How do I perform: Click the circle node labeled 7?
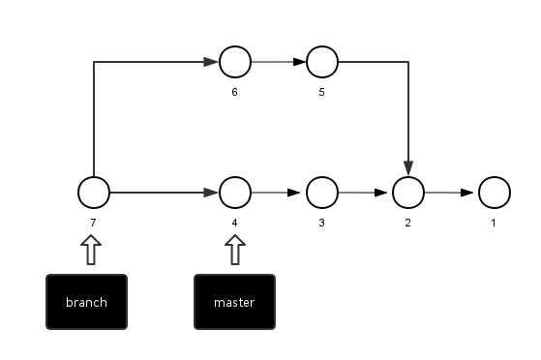(x=94, y=193)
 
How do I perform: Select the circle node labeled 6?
(x=235, y=63)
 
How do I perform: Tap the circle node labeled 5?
(x=322, y=63)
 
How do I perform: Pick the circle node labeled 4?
(x=235, y=193)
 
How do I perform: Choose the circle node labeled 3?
(x=322, y=193)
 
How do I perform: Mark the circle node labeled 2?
(x=408, y=193)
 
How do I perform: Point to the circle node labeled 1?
(x=494, y=193)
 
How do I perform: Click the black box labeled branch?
(x=87, y=302)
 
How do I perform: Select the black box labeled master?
(x=234, y=302)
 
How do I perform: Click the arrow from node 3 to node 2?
(x=365, y=193)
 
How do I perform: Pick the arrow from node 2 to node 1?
(x=451, y=193)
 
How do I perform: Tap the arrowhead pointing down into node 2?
(x=408, y=167)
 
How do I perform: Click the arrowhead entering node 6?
(x=211, y=63)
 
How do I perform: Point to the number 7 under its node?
(x=93, y=223)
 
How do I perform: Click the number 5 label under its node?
(x=321, y=93)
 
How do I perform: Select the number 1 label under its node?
(x=493, y=223)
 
